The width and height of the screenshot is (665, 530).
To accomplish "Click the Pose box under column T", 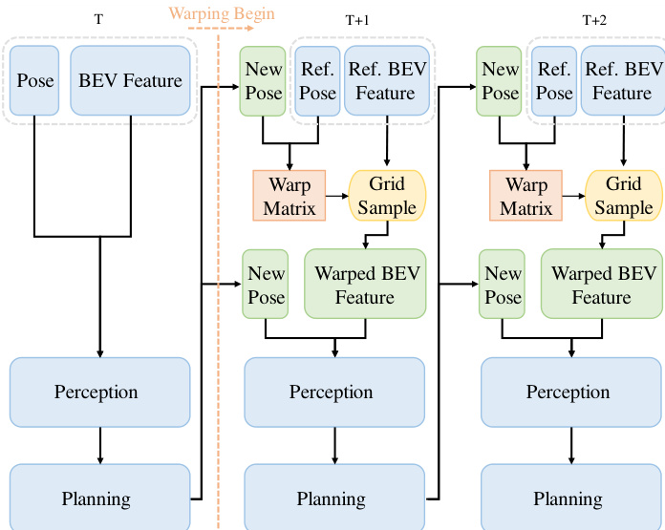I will click(x=35, y=80).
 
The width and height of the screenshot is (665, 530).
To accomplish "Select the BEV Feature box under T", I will click(x=130, y=80).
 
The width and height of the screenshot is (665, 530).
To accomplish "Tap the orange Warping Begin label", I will click(x=222, y=13).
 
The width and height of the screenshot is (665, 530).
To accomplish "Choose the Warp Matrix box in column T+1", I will click(x=289, y=195).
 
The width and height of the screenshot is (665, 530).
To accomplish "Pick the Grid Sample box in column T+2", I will click(x=622, y=195).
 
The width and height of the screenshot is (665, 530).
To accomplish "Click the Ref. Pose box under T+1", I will click(x=317, y=80).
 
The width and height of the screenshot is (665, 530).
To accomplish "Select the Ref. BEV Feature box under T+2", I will click(x=621, y=80).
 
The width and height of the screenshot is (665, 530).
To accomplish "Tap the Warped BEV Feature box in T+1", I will click(x=364, y=285).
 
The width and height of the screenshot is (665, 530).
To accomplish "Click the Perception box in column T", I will click(x=100, y=392).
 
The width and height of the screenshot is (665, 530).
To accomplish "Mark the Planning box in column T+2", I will click(x=572, y=498).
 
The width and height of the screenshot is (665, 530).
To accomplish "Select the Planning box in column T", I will click(x=100, y=498).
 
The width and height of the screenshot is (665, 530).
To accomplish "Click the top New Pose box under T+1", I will click(x=264, y=80).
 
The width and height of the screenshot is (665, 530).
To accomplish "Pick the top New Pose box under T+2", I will click(x=501, y=80).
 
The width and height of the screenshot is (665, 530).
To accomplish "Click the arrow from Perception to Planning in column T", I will click(x=100, y=445).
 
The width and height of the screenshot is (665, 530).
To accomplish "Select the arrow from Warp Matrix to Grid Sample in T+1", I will click(x=337, y=195).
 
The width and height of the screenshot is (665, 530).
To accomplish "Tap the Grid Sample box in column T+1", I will click(x=386, y=195).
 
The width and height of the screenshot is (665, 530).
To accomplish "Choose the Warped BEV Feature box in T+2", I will click(x=601, y=285).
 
